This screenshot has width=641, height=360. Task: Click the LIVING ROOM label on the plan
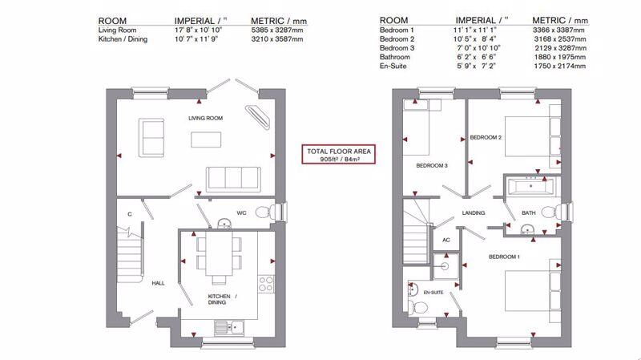coord(205,118)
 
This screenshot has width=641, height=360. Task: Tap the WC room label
coord(241,213)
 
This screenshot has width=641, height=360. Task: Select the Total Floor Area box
coord(338,155)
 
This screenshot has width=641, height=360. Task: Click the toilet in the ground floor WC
coord(268,212)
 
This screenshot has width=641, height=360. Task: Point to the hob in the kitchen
coord(266,284)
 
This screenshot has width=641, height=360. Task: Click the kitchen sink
coord(229,327)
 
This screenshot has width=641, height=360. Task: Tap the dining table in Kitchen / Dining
coord(219,254)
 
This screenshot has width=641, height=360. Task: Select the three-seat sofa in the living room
coord(233,179)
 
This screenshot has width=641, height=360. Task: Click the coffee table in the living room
coord(206,140)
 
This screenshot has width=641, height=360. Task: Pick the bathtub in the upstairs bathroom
coord(530,187)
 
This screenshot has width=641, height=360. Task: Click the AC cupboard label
coord(446,241)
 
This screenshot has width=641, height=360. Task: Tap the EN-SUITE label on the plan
coord(433,293)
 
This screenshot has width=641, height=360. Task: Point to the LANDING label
coord(474,213)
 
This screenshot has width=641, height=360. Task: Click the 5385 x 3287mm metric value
coord(277,30)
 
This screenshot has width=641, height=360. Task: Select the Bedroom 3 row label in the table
coord(397,48)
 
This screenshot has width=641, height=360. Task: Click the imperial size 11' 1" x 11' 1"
coord(474,30)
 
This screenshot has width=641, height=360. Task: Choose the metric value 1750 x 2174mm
coord(559,66)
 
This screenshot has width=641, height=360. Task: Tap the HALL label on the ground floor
coord(158,283)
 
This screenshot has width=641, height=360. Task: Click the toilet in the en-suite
coord(418,307)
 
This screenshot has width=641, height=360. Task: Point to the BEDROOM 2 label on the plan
coord(486,137)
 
